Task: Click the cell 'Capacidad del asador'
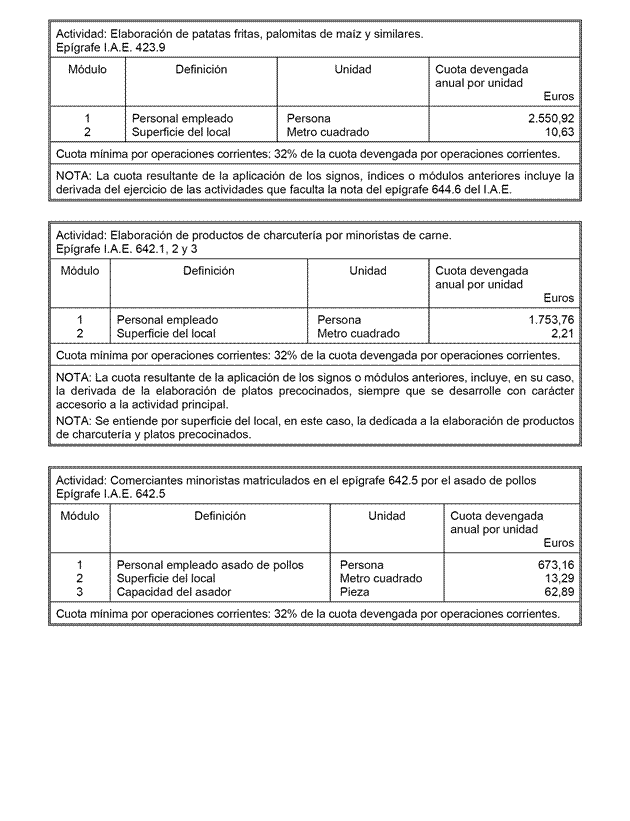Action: (x=174, y=592)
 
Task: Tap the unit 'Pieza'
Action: (x=356, y=592)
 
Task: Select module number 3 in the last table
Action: (x=79, y=592)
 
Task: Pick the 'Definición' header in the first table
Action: (x=201, y=70)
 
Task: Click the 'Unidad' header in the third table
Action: (x=387, y=516)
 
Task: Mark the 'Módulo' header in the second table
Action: (x=80, y=271)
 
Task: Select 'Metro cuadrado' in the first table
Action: (x=327, y=132)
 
